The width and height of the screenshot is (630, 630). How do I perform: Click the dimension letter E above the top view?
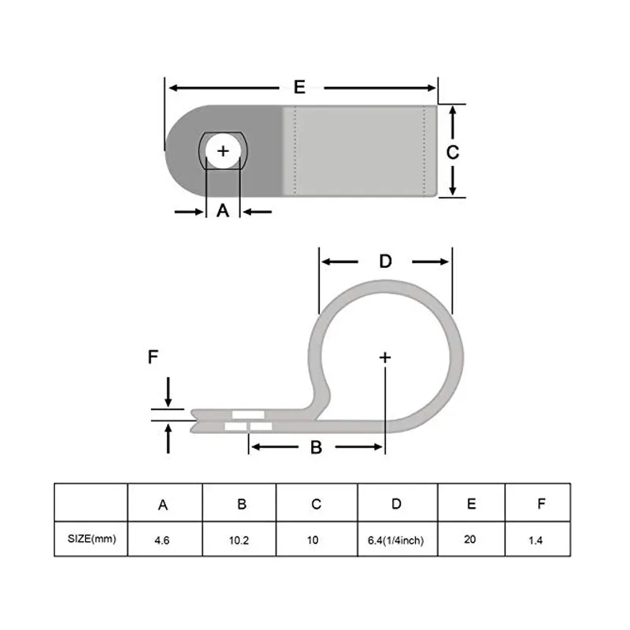click(x=299, y=87)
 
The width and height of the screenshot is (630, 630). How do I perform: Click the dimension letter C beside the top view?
click(x=452, y=152)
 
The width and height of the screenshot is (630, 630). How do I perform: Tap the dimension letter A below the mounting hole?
click(x=223, y=210)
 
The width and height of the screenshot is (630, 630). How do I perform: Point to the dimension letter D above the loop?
click(x=385, y=261)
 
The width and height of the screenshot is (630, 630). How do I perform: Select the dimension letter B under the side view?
click(x=316, y=447)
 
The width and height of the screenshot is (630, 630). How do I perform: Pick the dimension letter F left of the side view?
click(x=154, y=358)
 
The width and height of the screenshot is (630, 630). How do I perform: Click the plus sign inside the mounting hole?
click(x=224, y=150)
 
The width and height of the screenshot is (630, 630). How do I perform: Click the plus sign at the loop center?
click(x=385, y=358)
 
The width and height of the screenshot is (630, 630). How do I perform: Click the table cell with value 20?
click(x=471, y=540)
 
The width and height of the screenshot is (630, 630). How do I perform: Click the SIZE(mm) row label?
click(x=91, y=539)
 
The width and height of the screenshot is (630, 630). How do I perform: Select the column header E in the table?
click(x=471, y=504)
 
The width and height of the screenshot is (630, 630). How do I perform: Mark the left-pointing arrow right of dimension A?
click(x=257, y=211)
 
